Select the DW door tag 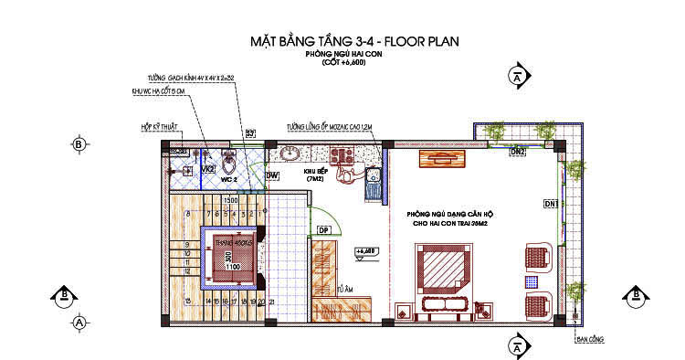click(x=272, y=175)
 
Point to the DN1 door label click(x=551, y=203)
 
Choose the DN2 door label click(x=518, y=152)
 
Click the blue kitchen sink click(x=372, y=183)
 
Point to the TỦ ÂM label click(x=344, y=288)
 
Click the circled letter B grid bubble click(x=79, y=144)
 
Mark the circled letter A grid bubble click(x=79, y=323)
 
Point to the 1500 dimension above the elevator click(x=231, y=201)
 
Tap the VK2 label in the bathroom click(x=207, y=170)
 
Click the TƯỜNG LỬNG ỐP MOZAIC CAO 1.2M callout click(x=329, y=127)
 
